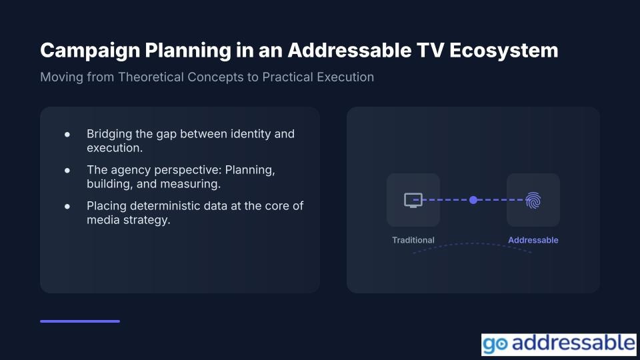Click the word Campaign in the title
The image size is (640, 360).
90,51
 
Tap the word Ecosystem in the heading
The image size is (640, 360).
504,51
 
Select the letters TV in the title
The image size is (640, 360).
430,51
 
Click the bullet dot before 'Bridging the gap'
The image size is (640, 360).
67,134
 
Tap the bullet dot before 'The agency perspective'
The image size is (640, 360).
67,170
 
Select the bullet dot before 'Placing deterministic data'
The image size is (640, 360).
67,206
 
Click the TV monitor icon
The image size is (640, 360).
413,200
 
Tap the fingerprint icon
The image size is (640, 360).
533,200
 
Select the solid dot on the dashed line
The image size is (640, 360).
473,200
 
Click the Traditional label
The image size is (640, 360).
413,240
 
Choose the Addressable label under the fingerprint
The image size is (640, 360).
533,240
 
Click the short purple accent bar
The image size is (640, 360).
80,321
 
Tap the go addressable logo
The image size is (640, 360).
559,344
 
